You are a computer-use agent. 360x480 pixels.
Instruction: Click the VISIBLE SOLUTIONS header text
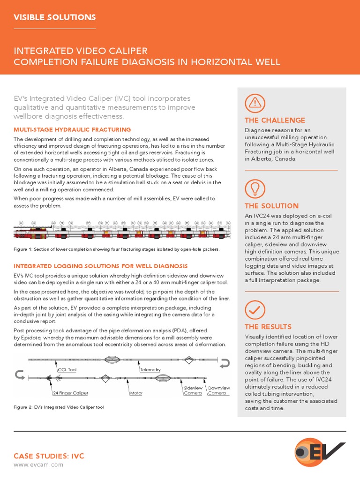click(54, 17)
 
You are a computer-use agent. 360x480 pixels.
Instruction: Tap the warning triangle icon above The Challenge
click(255, 103)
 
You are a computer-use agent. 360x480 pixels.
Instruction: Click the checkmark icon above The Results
click(255, 309)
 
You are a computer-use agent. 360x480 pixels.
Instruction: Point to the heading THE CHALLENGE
click(275, 120)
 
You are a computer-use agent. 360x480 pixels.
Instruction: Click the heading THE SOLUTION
click(271, 206)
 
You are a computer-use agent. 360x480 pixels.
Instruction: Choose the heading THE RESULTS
click(268, 327)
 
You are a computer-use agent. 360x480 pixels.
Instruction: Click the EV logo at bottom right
click(320, 452)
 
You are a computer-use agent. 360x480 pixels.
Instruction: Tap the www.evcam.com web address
click(38, 465)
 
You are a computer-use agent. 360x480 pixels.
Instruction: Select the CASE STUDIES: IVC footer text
click(49, 456)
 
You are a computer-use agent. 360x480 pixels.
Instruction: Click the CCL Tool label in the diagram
click(67, 370)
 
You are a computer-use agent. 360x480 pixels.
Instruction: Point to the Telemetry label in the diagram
click(150, 370)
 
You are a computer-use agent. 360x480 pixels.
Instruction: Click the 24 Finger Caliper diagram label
click(70, 393)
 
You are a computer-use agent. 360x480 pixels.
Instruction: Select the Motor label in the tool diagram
click(136, 393)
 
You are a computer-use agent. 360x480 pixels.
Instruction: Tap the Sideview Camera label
click(193, 390)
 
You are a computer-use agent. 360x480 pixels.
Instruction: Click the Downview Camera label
click(219, 390)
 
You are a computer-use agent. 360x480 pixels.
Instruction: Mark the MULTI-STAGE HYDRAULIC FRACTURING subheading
click(72, 129)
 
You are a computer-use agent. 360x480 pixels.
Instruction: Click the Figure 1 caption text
click(116, 249)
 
